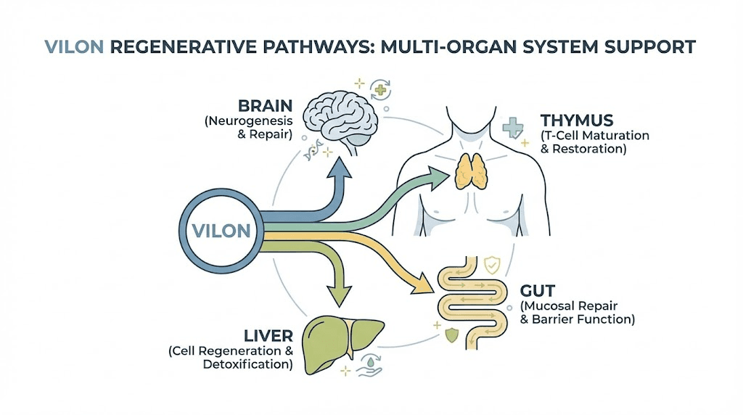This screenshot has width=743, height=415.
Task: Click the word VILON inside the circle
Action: tap(222, 231)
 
